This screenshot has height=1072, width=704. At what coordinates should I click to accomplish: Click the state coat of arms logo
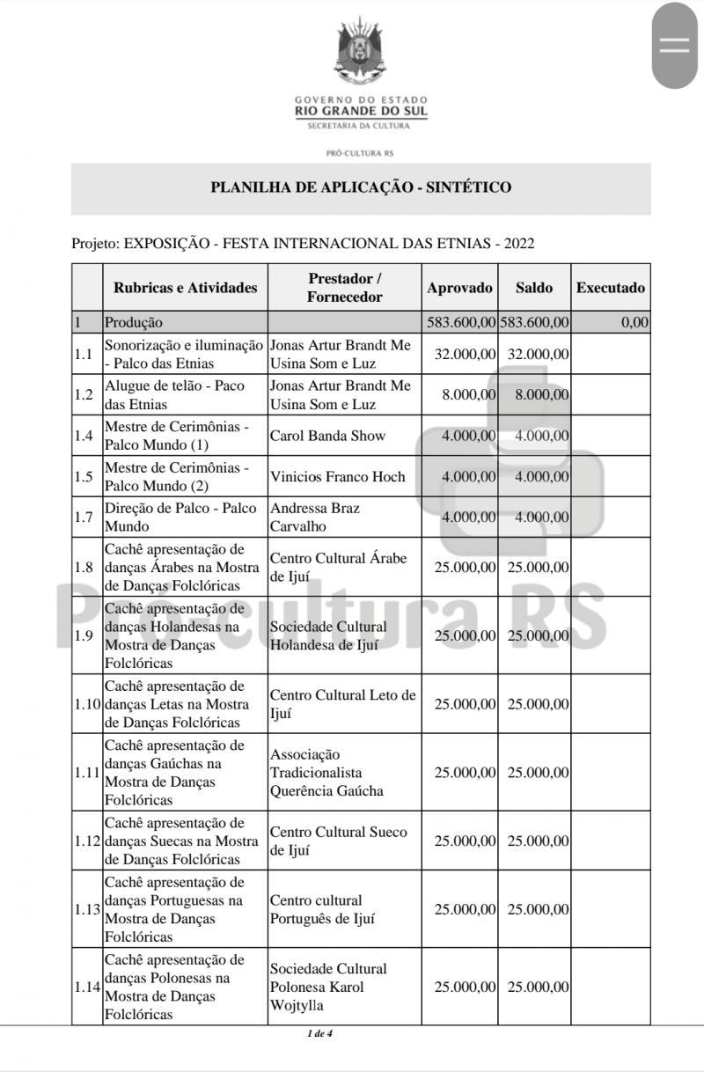tap(361, 54)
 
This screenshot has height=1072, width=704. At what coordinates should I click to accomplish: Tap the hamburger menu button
tap(675, 47)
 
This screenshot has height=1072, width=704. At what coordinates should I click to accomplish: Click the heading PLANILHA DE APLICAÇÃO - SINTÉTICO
tap(361, 187)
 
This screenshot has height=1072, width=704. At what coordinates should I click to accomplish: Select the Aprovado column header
tap(459, 288)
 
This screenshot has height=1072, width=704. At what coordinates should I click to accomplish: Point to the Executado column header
tap(610, 288)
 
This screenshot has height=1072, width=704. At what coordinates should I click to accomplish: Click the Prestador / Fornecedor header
tap(344, 288)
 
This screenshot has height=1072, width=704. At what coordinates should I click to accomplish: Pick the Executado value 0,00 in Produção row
tap(634, 322)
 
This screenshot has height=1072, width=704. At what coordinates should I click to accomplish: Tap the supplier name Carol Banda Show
tap(327, 436)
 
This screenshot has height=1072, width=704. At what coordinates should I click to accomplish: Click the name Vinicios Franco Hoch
tap(338, 477)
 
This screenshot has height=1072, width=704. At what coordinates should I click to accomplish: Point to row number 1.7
tap(84, 518)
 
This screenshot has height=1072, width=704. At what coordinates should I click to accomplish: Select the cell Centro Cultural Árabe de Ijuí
tap(339, 568)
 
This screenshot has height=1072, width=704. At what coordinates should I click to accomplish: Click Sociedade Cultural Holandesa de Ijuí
tap(328, 635)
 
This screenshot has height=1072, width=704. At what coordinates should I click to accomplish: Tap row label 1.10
tap(86, 704)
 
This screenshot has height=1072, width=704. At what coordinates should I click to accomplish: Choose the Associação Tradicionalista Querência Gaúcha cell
tap(326, 773)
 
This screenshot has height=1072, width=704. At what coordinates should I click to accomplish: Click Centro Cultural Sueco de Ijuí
tap(339, 841)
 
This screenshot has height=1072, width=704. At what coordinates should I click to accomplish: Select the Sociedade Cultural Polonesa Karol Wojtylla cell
tap(328, 987)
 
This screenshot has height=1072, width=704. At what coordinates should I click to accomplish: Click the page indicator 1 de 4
tap(319, 1033)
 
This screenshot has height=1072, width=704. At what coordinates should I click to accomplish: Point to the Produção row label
tap(134, 322)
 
